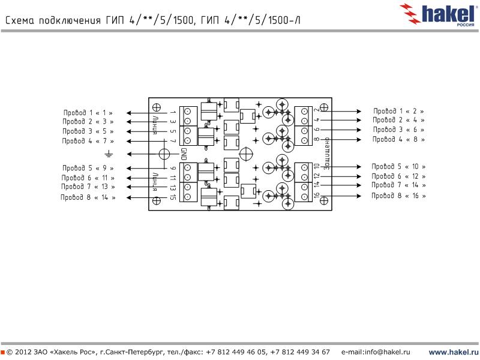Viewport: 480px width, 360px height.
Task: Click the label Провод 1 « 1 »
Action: [88, 112]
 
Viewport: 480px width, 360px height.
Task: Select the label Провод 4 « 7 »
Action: [88, 141]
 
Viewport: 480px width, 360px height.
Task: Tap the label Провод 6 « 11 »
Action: [88, 178]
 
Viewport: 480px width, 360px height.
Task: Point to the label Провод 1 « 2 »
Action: [398, 111]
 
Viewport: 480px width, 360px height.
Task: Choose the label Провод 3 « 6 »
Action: [398, 130]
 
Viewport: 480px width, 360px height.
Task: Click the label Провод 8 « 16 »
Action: [398, 196]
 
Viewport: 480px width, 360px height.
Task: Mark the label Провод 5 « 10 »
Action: [398, 166]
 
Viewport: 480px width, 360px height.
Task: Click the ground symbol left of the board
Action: [109, 154]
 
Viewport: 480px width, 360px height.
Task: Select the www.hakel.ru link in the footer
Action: [453, 352]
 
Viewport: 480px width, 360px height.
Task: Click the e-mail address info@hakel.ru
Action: [376, 352]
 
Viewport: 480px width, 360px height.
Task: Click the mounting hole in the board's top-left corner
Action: [156, 107]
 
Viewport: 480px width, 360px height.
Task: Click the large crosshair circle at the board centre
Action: [245, 153]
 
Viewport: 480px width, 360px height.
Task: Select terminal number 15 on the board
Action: [173, 197]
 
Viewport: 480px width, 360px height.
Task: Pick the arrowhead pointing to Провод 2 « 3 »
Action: [128, 122]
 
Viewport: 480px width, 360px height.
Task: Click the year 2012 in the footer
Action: [25, 352]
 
